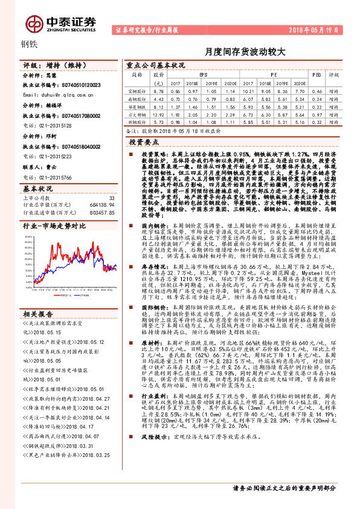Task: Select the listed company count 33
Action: [111, 198]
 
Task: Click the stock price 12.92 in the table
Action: [159, 113]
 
